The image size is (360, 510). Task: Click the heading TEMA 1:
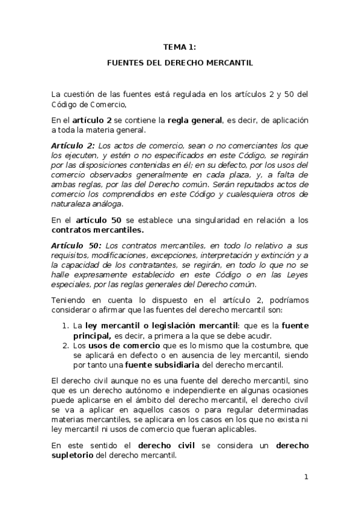pyautogui.click(x=180, y=46)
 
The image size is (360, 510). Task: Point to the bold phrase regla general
pyautogui.click(x=195, y=120)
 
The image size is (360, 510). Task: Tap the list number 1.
pyautogui.click(x=66, y=325)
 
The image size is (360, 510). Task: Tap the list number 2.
pyautogui.click(x=66, y=346)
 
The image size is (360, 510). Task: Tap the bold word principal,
pyautogui.click(x=92, y=335)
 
